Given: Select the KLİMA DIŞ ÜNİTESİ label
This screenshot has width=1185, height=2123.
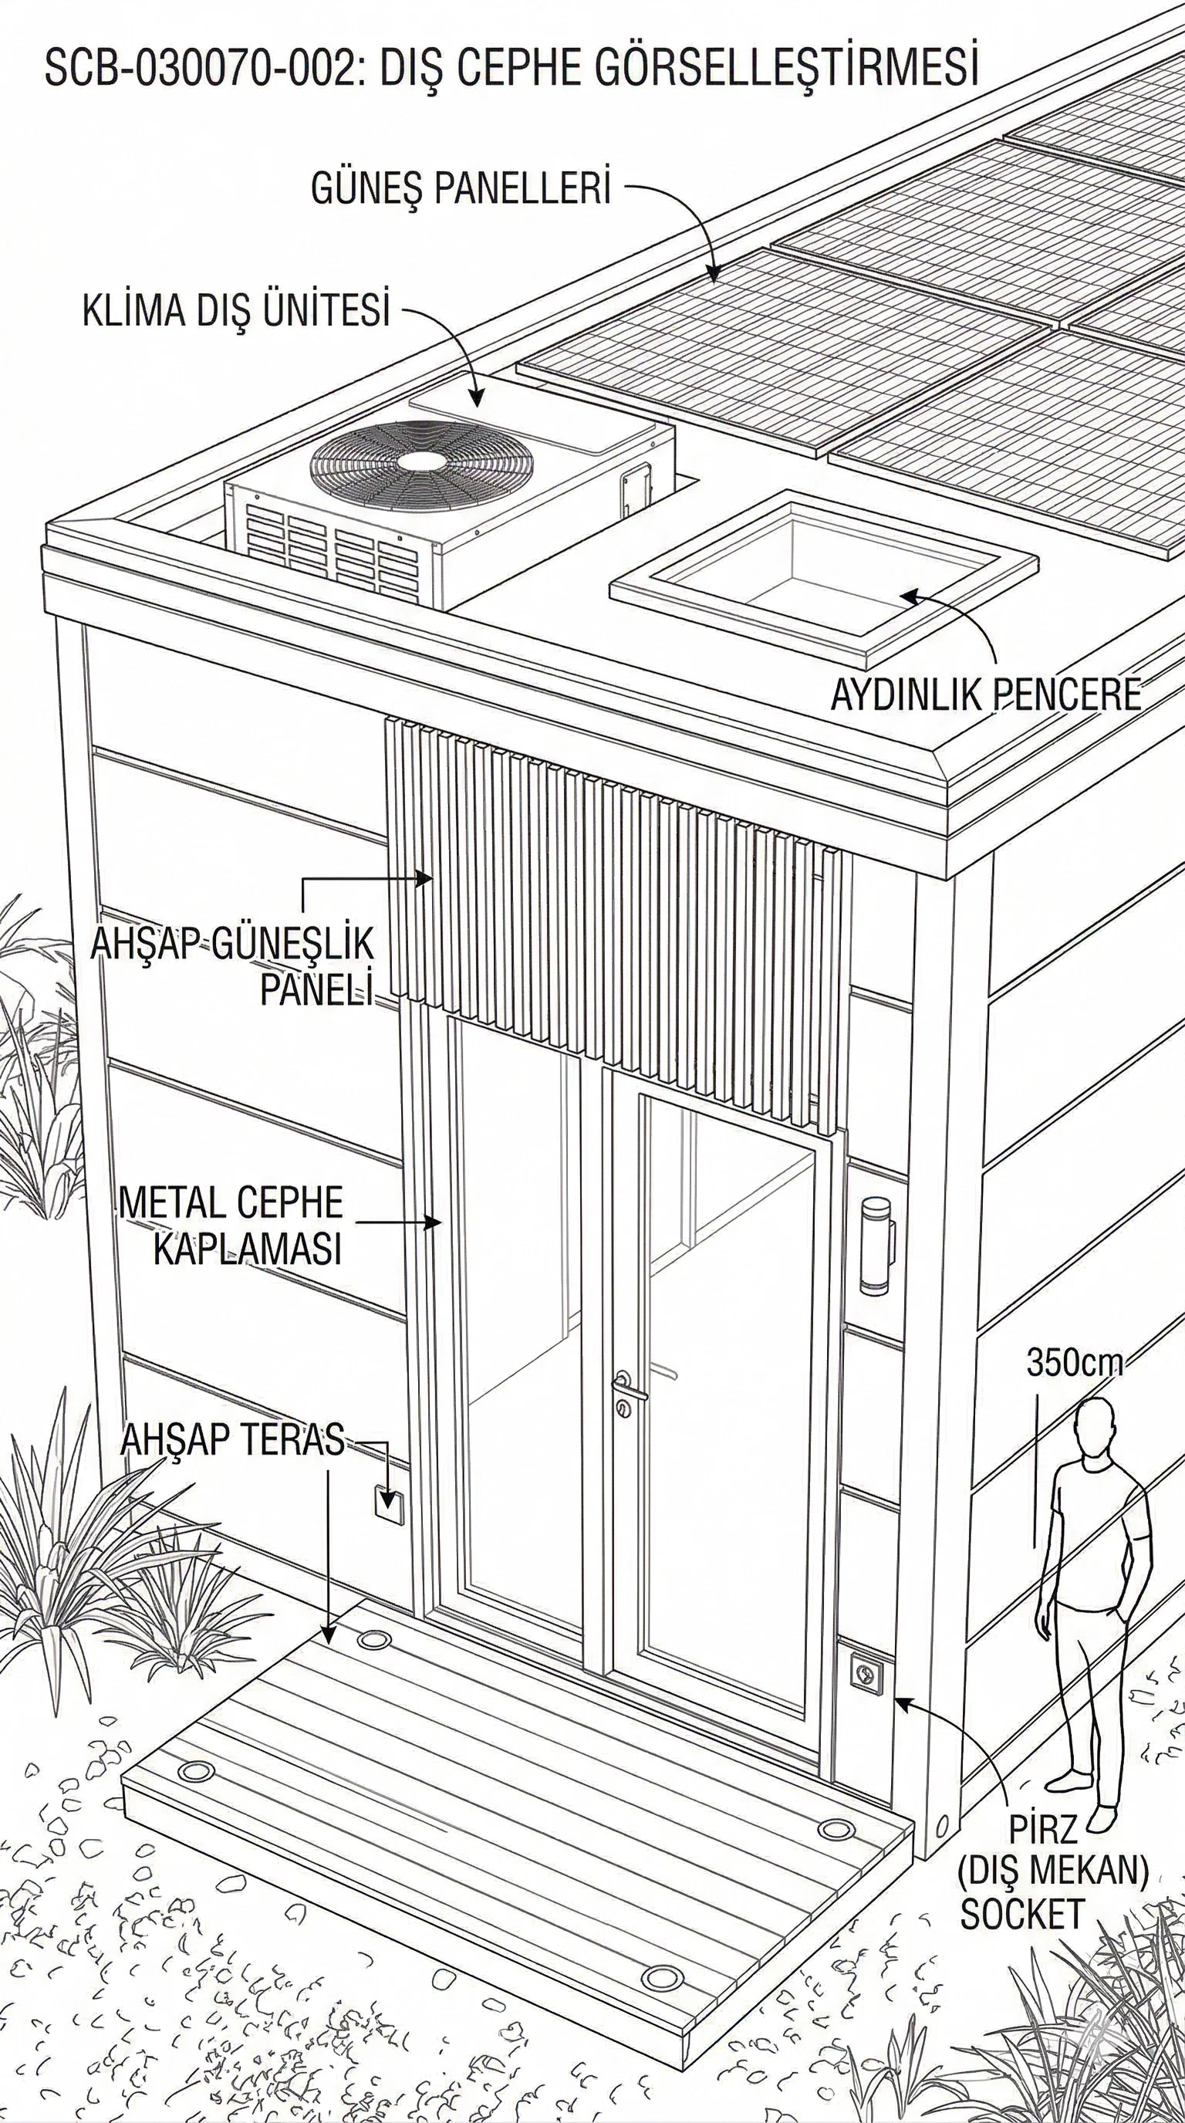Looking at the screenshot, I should tap(235, 313).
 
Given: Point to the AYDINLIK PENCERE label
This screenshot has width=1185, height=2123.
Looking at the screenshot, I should tap(984, 695).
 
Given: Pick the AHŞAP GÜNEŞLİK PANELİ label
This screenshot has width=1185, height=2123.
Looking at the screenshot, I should tap(233, 966).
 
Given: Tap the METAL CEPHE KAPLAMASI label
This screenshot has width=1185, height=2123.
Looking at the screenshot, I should tap(231, 1225).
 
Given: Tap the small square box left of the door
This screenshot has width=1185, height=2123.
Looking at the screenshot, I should tap(387, 1502).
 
